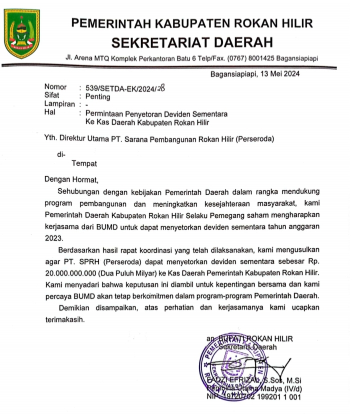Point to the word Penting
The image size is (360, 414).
(x=97, y=97)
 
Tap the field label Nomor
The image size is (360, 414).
(x=55, y=88)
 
